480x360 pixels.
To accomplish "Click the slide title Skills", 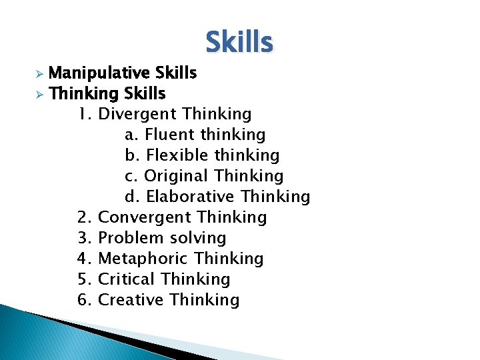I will [239, 42].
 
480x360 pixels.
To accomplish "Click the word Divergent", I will [137, 114].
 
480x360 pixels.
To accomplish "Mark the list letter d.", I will [131, 197].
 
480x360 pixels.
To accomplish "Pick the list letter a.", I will [131, 135].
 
